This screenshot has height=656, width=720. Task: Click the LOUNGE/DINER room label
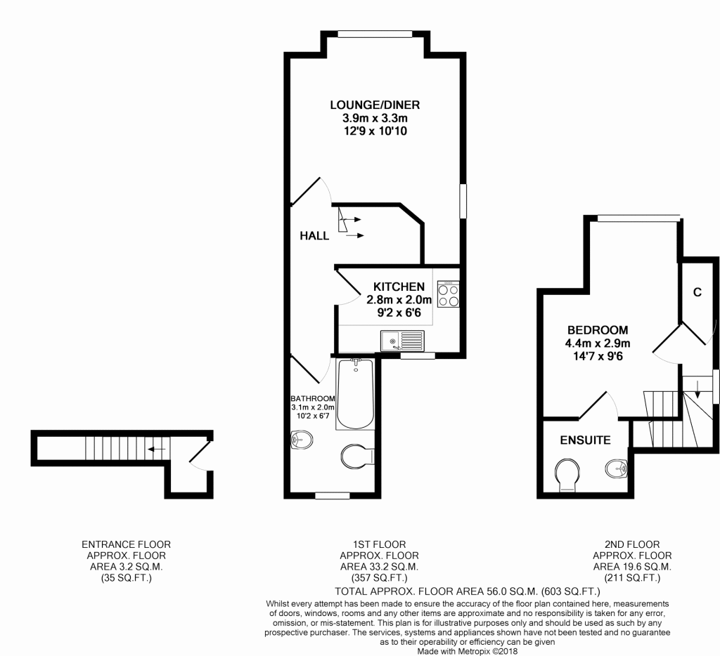coord(375,105)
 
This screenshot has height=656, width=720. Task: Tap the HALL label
coord(314,236)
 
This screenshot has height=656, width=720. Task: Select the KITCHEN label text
coord(399,287)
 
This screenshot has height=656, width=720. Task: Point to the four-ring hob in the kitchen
coord(448,294)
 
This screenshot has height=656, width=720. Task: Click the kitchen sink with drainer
coord(402,341)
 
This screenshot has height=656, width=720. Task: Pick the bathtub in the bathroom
coord(355,394)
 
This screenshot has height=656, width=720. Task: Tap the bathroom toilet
coord(358,456)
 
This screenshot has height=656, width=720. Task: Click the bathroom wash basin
coord(301,440)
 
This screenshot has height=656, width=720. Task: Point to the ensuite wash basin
coord(616,469)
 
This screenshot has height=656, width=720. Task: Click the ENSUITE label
coord(585,440)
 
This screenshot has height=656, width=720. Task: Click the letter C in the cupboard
coord(697,292)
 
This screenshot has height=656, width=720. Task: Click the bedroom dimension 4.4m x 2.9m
coord(598,343)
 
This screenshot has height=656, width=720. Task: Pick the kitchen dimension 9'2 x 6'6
coord(399,313)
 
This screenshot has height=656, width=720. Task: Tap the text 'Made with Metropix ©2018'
coord(467,651)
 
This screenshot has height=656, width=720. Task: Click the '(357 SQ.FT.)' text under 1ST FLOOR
coord(379,578)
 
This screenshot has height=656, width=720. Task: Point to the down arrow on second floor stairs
coord(697,389)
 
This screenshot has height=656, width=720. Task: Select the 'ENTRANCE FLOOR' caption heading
coord(127,544)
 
